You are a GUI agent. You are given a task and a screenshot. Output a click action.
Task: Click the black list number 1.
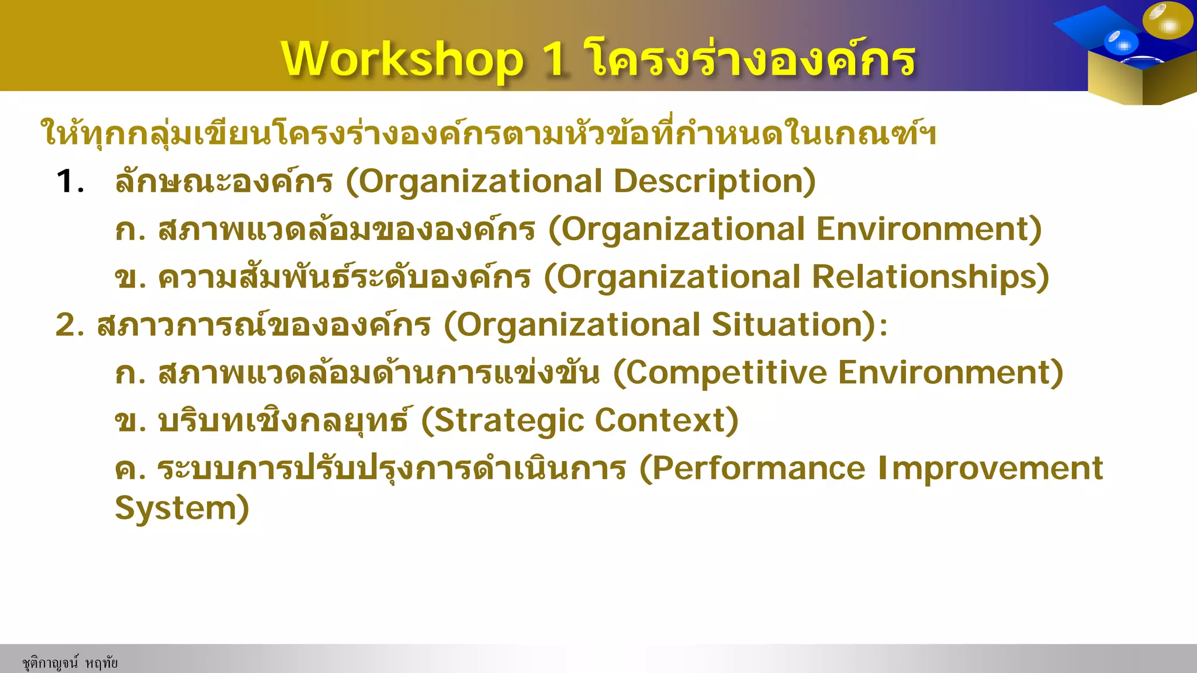pyautogui.click(x=69, y=182)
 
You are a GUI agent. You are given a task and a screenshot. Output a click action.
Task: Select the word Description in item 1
pyautogui.click(x=714, y=182)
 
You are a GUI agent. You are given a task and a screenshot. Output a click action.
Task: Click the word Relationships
pyautogui.click(x=930, y=277)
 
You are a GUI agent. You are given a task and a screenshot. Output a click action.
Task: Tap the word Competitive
pyautogui.click(x=725, y=373)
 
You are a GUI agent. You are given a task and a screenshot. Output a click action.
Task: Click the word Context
pyautogui.click(x=666, y=421)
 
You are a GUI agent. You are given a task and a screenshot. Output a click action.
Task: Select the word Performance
pyautogui.click(x=757, y=469)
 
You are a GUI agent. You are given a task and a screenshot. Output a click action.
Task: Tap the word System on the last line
pyautogui.click(x=181, y=508)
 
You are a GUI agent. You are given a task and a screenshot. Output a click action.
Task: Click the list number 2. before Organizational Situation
pyautogui.click(x=71, y=325)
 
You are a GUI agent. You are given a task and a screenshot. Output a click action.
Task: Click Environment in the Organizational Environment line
pyautogui.click(x=928, y=229)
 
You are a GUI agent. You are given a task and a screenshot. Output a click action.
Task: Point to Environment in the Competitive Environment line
pyautogui.click(x=950, y=373)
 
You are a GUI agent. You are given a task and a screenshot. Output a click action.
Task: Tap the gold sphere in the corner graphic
pyautogui.click(x=1167, y=21)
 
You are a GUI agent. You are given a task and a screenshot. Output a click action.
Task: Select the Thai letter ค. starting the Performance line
pyautogui.click(x=130, y=469)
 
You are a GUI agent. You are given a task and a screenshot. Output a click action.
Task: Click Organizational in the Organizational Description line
pyautogui.click(x=480, y=182)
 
